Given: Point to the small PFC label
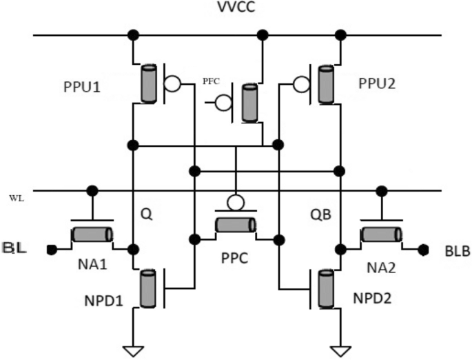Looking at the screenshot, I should pyautogui.click(x=211, y=83).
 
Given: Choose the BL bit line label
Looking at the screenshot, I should pyautogui.click(x=14, y=248).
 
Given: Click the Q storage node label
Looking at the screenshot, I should pyautogui.click(x=146, y=214).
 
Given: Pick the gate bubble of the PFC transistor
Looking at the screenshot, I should pyautogui.click(x=223, y=103).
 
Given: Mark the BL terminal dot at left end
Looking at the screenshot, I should pyautogui.click(x=50, y=248).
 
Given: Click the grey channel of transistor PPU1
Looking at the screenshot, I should pyautogui.click(x=147, y=84).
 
